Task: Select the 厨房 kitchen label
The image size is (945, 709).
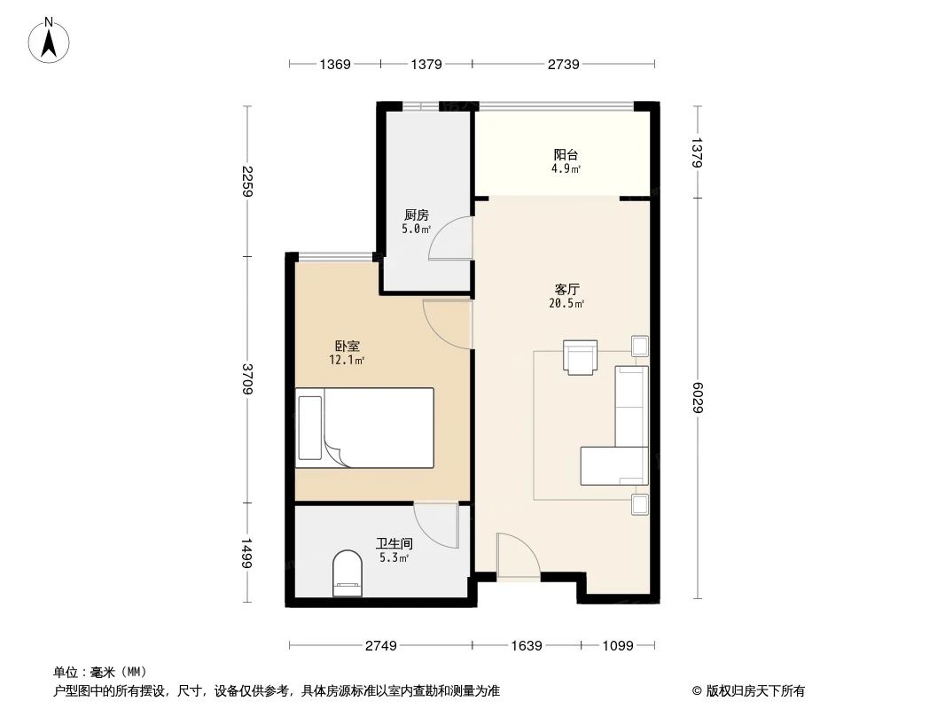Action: (x=416, y=215)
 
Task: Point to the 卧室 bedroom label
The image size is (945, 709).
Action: (x=347, y=347)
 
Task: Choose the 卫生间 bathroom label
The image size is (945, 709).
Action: (x=393, y=544)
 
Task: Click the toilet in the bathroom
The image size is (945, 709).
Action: (x=347, y=573)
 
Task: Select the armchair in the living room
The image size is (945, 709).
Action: (x=581, y=357)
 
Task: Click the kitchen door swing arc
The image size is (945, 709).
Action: (x=445, y=239)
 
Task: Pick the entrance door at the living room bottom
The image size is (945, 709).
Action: (x=517, y=557)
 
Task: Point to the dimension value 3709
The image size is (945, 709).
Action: (x=247, y=378)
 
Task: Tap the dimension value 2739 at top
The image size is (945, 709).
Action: (x=563, y=64)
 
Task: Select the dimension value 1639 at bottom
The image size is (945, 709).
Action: (x=527, y=646)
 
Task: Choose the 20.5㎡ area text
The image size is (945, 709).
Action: (x=566, y=304)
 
